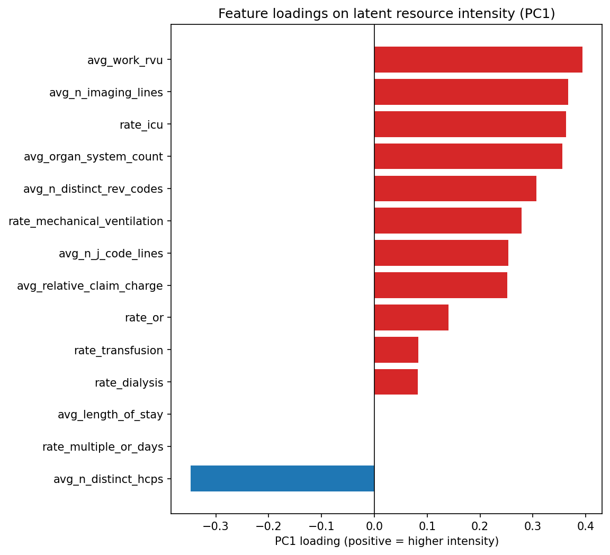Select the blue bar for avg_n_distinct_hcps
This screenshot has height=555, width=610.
coord(282,479)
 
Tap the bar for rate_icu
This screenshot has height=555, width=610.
coord(470,124)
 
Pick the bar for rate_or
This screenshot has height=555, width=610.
coord(411,318)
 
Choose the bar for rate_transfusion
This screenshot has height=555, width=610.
coord(396,350)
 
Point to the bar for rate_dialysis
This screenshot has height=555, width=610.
coord(396,382)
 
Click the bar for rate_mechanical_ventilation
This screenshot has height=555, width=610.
coord(448,221)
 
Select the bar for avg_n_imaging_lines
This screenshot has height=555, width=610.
coord(471,92)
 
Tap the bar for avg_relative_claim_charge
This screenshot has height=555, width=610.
coord(441,285)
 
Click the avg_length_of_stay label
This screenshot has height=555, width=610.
coord(110,415)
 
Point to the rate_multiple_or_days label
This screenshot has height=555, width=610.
coord(103,447)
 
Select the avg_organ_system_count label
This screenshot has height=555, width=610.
coord(93,157)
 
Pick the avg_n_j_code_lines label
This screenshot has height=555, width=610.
coord(111,254)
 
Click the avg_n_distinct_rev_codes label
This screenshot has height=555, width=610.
coord(93,189)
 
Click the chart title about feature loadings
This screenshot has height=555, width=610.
coord(387,14)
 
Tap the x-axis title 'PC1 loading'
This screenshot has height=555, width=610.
coord(387,541)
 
